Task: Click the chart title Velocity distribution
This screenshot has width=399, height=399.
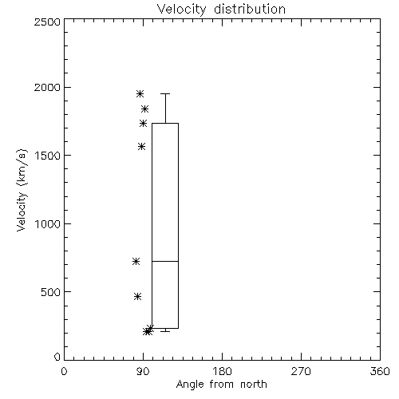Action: click(221, 9)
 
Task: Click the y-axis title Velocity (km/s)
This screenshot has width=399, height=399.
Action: click(22, 190)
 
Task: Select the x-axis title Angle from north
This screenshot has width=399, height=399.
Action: click(221, 385)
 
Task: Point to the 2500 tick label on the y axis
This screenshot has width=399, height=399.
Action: click(47, 22)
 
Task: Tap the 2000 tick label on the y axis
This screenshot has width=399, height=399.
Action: click(47, 87)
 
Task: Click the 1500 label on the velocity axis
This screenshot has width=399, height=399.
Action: click(48, 156)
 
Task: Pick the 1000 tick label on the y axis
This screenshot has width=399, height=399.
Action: click(48, 223)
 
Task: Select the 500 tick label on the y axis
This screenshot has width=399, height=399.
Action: click(51, 292)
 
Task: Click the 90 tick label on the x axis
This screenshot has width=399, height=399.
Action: click(143, 371)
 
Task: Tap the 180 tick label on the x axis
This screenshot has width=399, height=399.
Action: click(222, 371)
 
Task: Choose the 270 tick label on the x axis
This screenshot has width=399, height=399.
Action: click(301, 371)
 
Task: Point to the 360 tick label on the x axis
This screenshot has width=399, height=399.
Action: click(380, 371)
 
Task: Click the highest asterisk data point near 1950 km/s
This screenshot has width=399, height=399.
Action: click(140, 93)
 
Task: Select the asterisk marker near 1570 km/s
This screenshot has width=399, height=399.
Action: click(142, 146)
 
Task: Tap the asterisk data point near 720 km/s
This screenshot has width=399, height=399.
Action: click(136, 262)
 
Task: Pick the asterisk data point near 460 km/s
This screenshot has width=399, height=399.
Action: click(137, 296)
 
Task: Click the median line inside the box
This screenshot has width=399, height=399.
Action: click(165, 261)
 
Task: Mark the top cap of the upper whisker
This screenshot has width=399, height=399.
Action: click(165, 93)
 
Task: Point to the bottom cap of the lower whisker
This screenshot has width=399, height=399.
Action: click(165, 331)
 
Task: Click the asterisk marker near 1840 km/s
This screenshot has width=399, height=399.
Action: click(144, 109)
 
